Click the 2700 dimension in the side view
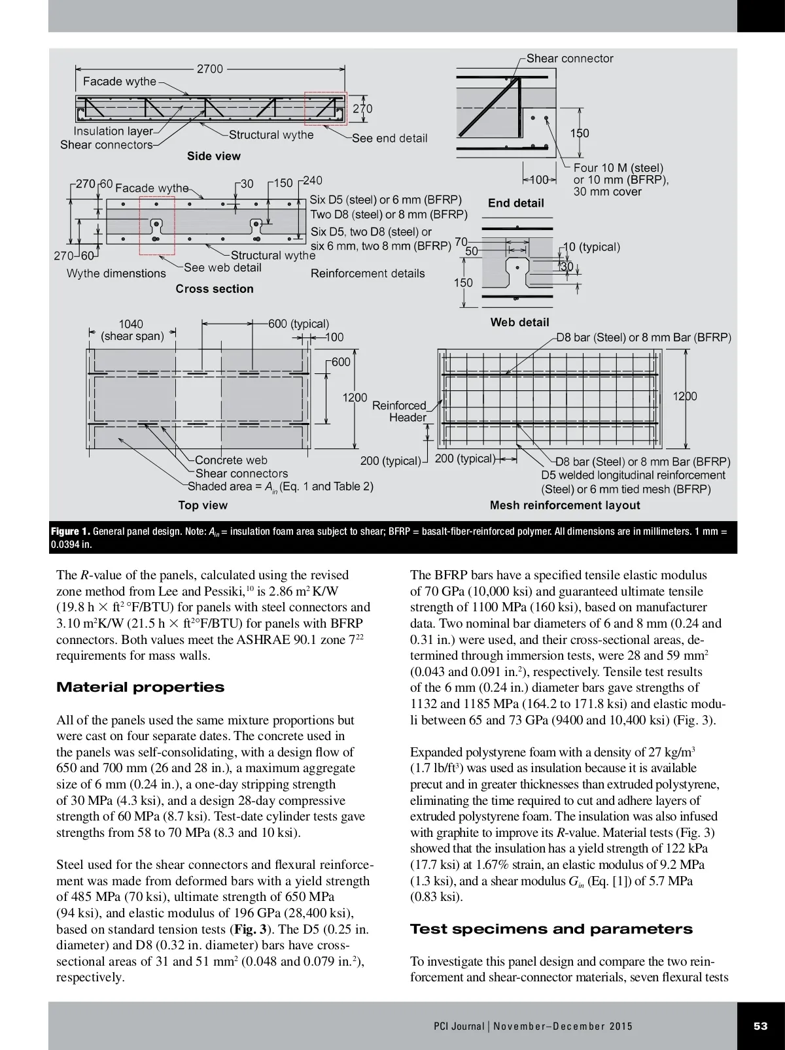click(x=210, y=69)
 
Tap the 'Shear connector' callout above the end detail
click(x=570, y=58)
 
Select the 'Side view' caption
click(x=214, y=156)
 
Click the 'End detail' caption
click(x=516, y=203)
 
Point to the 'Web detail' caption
click(x=520, y=322)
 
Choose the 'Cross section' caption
click(x=215, y=289)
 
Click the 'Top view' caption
click(x=203, y=505)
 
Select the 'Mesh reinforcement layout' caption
click(x=565, y=505)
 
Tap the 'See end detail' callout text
click(x=389, y=138)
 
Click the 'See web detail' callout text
click(x=222, y=267)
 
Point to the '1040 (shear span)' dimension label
click(x=131, y=330)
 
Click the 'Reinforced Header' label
click(x=400, y=411)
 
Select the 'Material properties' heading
click(x=140, y=687)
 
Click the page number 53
click(x=760, y=1026)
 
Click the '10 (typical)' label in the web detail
click(x=591, y=247)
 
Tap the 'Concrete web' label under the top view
click(x=231, y=460)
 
